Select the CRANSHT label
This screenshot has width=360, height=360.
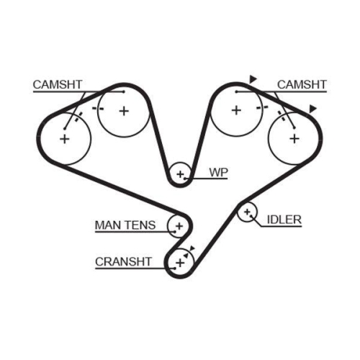click(x=123, y=262)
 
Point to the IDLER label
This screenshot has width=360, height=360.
click(x=284, y=219)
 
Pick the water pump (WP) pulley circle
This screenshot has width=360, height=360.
click(x=180, y=173)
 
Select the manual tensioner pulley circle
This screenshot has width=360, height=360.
click(x=177, y=226)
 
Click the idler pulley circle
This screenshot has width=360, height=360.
click(x=248, y=212)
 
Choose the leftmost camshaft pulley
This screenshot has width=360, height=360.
click(x=64, y=138)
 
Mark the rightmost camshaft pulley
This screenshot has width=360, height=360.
click(x=294, y=138)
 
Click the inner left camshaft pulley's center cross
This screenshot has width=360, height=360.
click(x=123, y=110)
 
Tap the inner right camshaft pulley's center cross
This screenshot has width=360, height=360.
click(x=235, y=110)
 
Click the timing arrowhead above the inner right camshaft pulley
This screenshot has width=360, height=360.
click(x=253, y=78)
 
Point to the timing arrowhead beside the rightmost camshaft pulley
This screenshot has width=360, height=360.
click(x=312, y=109)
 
